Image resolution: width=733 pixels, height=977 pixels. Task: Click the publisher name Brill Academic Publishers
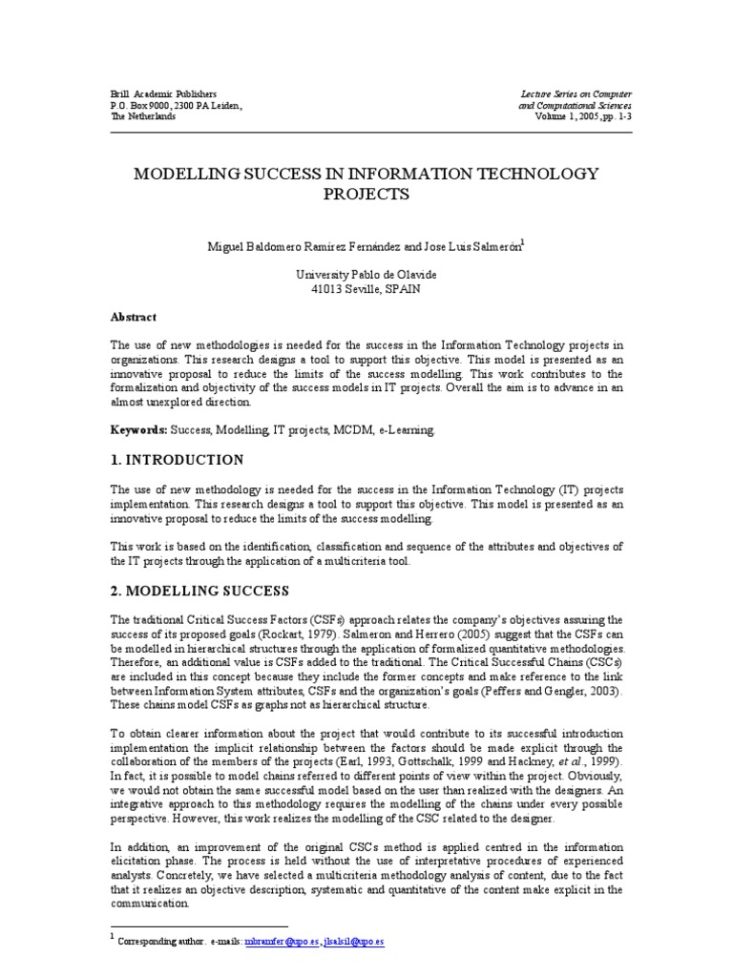tap(163, 94)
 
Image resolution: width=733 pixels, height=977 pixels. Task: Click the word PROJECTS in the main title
tap(366, 194)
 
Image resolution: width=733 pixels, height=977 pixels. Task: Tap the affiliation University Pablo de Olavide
tap(366, 274)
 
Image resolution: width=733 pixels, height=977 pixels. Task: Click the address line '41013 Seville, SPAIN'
tap(366, 287)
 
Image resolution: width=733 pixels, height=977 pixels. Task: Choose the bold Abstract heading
tap(134, 318)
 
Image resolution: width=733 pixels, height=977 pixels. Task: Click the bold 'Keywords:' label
tap(138, 431)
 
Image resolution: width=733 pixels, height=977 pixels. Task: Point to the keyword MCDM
tap(345, 431)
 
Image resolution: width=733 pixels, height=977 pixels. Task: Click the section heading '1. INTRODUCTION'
tap(177, 460)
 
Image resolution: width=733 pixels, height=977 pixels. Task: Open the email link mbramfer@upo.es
tap(278, 941)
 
